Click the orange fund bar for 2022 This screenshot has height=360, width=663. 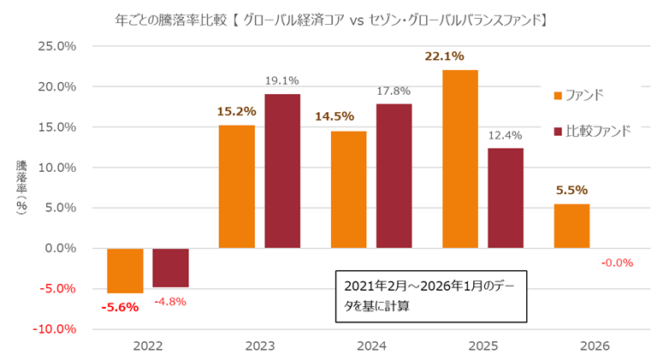point(125,270)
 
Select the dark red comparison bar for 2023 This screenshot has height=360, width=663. point(282,171)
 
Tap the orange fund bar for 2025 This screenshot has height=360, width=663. point(460,159)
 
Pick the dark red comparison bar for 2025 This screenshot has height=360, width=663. point(506,198)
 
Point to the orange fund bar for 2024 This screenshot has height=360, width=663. point(348,190)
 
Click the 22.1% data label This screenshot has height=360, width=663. point(444,57)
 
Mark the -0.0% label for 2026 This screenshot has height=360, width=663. point(616,263)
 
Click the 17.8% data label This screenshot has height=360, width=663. point(394,91)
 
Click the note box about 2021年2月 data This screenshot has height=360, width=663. point(430,296)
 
